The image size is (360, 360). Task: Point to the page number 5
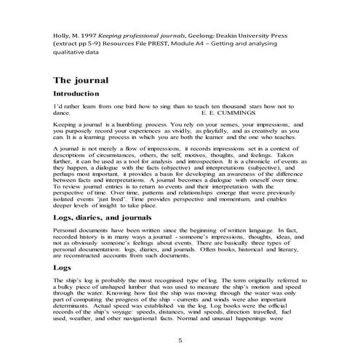180,340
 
